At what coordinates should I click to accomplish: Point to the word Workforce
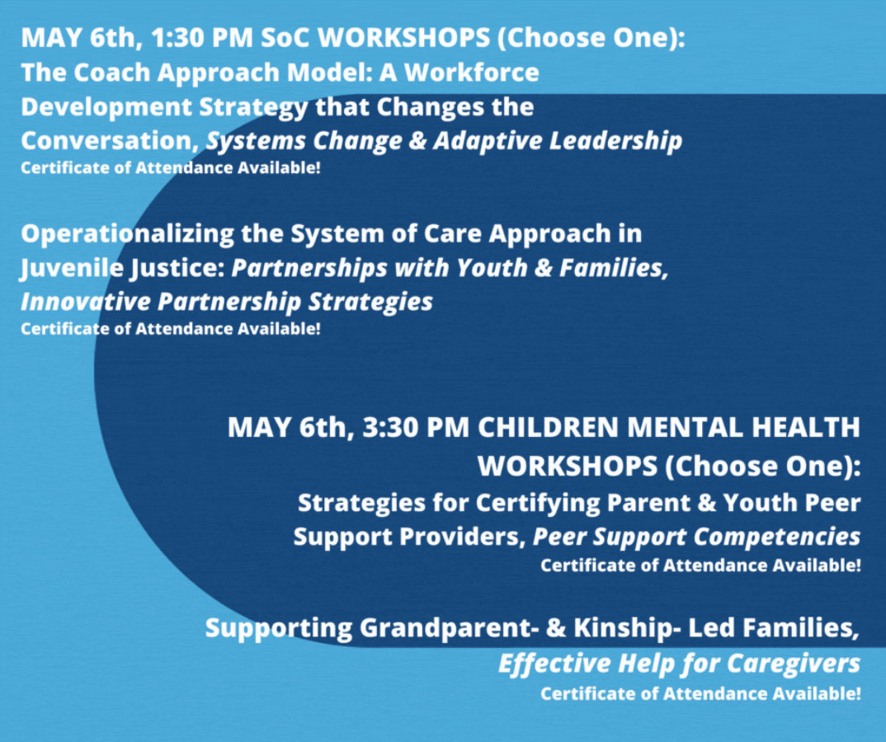coord(471,73)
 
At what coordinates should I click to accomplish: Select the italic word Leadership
coord(615,141)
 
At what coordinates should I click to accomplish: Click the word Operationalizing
coord(128,234)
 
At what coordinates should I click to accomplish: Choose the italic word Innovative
coord(85,302)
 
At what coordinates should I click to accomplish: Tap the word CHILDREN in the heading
coord(549,427)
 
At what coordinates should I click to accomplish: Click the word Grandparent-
coord(445,628)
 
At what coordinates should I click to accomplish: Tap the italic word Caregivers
coord(794,663)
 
